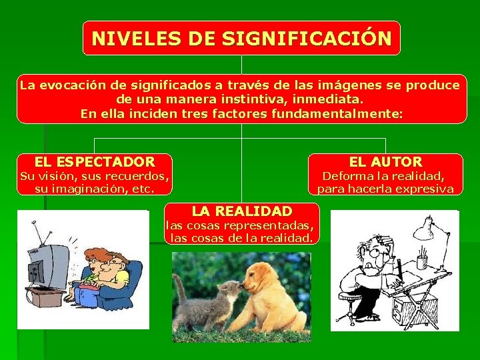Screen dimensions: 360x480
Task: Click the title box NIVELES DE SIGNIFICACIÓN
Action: point(241,37)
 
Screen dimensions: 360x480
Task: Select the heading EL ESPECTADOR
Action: point(94,161)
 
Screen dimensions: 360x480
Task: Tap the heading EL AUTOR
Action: point(385,161)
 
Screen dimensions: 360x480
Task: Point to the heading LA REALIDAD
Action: point(241,211)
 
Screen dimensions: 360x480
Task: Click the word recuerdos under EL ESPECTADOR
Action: point(135,177)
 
